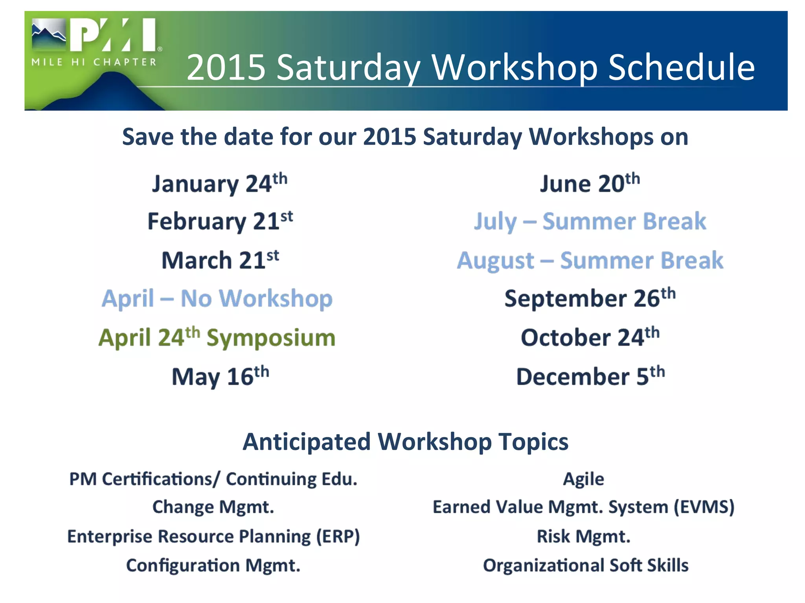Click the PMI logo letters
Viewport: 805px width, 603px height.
pos(114,35)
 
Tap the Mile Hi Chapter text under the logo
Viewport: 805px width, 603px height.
pos(94,62)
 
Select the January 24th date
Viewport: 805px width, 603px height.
pos(219,184)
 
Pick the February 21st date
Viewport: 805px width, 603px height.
pos(220,221)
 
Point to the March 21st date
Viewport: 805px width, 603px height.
pos(220,260)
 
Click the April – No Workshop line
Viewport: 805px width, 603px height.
pos(217,298)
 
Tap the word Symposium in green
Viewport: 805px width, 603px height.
pos(271,338)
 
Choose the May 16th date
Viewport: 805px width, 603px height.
pos(220,377)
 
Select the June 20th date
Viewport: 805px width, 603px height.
pos(590,184)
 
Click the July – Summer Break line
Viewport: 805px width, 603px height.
pos(590,221)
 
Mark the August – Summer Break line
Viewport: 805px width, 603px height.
pos(590,261)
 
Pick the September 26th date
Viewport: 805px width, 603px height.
pos(590,298)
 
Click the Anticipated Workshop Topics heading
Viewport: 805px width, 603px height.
pos(405,442)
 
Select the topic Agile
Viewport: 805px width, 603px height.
pos(583,479)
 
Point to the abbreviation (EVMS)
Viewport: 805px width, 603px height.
pos(704,507)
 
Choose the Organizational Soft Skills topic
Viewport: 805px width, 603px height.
pos(586,566)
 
